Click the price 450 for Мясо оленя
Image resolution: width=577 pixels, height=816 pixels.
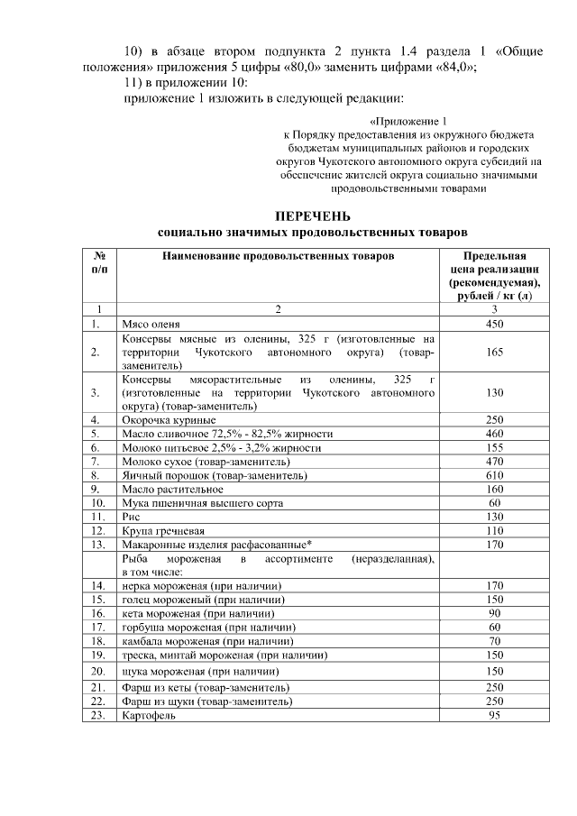pos(494,323)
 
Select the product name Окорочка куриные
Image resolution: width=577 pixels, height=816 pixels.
pos(168,419)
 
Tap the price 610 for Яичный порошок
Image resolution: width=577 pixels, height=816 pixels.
pos(494,474)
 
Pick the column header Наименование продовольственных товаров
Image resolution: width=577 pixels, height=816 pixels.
pos(278,256)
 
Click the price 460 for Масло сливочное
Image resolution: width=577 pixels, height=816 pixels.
pos(494,433)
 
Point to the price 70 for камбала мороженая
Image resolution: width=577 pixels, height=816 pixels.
pos(494,640)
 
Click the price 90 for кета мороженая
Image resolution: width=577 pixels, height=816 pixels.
pos(494,613)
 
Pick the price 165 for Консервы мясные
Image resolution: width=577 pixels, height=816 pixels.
pos(494,353)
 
